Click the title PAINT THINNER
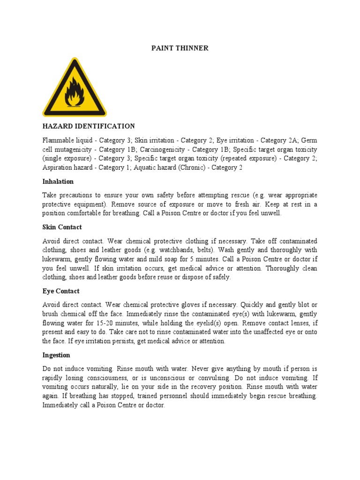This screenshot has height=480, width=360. (180, 48)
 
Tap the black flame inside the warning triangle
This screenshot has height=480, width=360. (74, 92)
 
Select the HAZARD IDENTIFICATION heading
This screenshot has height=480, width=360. (89, 126)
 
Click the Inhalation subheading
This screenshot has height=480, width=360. (58, 181)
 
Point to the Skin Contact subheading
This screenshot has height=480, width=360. (62, 227)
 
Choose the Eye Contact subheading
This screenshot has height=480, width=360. (61, 291)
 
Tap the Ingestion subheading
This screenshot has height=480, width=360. (56, 355)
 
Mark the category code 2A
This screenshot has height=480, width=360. (291, 140)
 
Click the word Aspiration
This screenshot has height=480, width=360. (60, 167)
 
